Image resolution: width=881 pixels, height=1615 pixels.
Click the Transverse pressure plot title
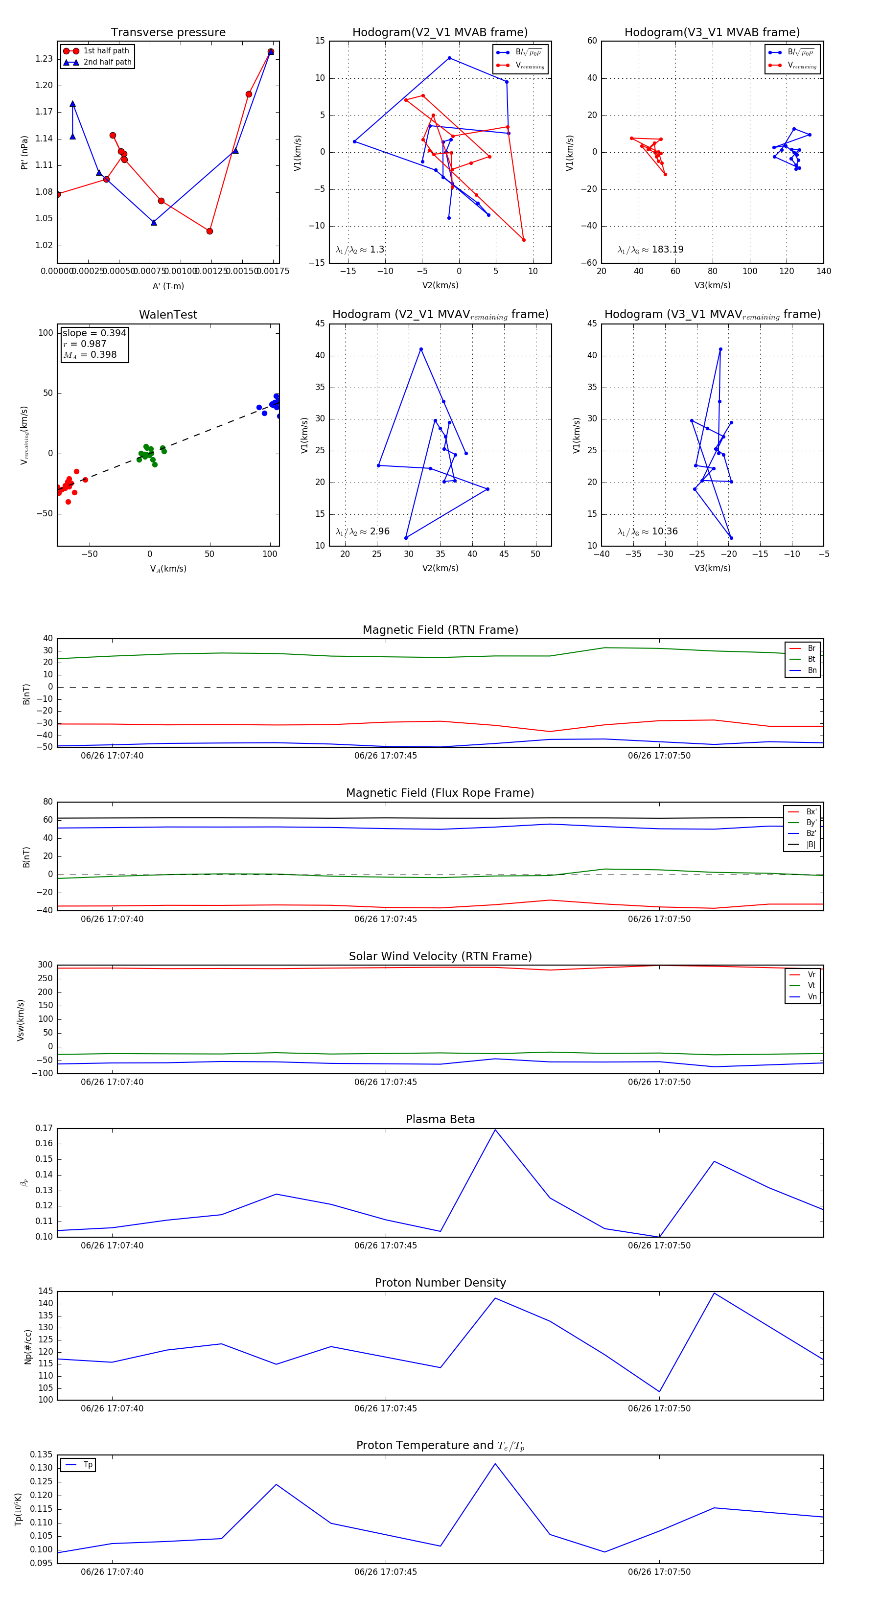click(168, 33)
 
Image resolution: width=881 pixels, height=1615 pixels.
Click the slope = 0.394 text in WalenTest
click(94, 333)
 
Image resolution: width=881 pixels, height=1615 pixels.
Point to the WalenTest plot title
click(168, 315)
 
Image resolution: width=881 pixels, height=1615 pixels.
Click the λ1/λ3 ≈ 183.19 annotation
click(650, 250)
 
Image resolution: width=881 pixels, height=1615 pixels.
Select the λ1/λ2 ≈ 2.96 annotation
click(362, 531)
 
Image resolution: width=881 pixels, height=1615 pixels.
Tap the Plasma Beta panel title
click(440, 1119)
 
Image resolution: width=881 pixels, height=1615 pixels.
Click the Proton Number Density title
click(440, 1283)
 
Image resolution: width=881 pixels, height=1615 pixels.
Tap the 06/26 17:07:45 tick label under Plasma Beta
click(386, 1245)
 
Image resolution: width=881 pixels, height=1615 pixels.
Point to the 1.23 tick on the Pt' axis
click(44, 59)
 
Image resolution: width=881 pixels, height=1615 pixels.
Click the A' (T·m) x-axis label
click(168, 286)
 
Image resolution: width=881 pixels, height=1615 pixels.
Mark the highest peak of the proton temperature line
click(495, 1464)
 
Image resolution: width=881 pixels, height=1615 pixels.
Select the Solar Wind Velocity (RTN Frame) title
click(440, 956)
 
